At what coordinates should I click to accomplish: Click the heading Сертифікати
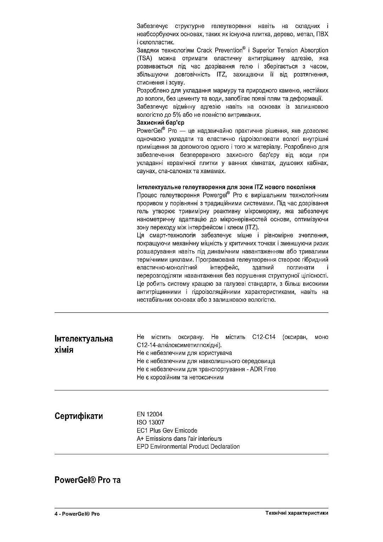79,416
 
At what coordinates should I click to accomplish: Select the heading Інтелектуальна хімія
84,344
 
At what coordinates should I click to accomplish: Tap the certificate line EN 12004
149,414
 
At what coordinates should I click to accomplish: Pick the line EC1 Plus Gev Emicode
167,431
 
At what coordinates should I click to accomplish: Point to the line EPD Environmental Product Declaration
188,447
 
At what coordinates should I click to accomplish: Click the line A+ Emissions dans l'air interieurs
179,439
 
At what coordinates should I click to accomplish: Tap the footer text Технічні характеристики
296,513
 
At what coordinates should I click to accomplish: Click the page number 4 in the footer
56,514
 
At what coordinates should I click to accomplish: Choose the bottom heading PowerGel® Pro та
88,480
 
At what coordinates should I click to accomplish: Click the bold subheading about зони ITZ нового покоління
226,187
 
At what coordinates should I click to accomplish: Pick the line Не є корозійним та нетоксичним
180,377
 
